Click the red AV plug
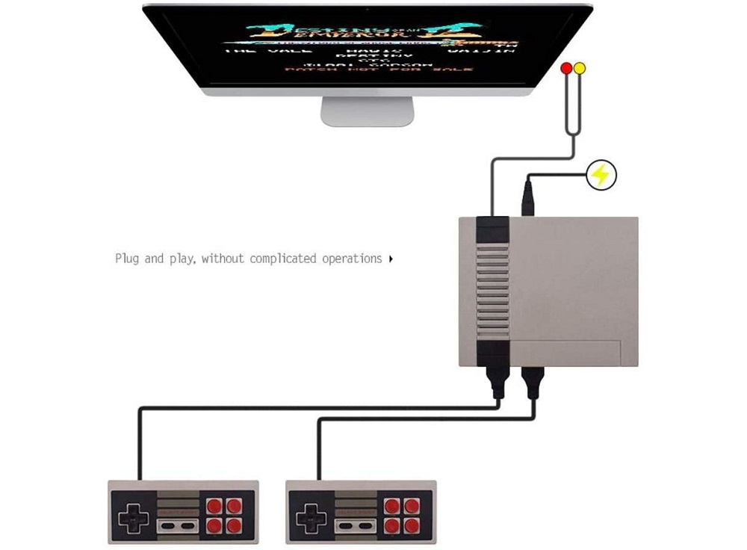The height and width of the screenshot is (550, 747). pyautogui.click(x=566, y=69)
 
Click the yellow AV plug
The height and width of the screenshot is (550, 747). pyautogui.click(x=580, y=69)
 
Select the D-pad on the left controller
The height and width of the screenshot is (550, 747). pyautogui.click(x=133, y=516)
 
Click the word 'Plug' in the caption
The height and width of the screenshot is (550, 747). pyautogui.click(x=128, y=259)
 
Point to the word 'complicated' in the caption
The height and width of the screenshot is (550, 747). pyautogui.click(x=283, y=259)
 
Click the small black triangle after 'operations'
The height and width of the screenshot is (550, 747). pyautogui.click(x=391, y=259)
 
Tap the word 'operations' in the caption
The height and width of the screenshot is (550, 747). pyautogui.click(x=352, y=259)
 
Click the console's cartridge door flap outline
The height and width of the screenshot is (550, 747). pyautogui.click(x=575, y=351)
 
